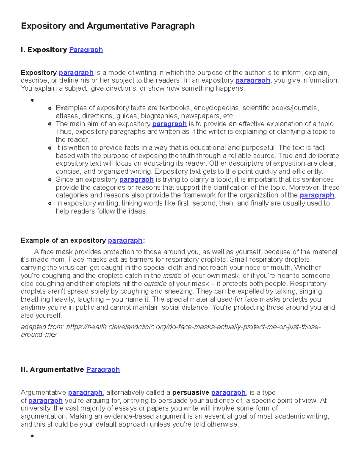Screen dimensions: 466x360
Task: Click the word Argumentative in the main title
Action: click(x=117, y=26)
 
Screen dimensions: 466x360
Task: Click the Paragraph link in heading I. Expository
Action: click(x=86, y=50)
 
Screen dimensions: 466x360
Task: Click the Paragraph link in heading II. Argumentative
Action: click(x=103, y=370)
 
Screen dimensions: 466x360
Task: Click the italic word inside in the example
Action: click(x=172, y=276)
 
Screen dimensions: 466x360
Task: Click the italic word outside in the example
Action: click(x=155, y=284)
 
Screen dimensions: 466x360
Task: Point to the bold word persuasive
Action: click(x=190, y=393)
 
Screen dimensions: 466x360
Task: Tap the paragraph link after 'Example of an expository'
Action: click(x=125, y=241)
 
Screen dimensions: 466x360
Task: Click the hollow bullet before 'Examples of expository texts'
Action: click(x=50, y=108)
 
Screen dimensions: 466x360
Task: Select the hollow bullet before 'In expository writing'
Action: click(x=50, y=203)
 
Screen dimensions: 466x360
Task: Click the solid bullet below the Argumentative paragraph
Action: click(x=32, y=436)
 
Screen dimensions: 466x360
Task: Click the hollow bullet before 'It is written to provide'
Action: click(x=50, y=148)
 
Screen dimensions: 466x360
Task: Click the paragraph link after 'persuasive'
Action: click(x=228, y=393)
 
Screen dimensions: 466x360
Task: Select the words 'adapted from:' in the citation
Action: click(x=42, y=327)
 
